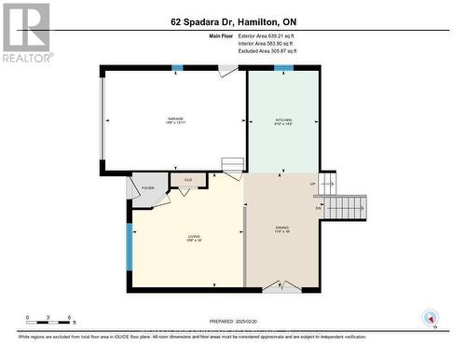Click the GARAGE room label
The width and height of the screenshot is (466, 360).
tap(175, 119)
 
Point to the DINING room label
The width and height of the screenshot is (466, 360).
tap(282, 228)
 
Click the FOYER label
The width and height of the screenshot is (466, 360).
tap(147, 188)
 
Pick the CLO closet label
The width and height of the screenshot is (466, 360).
tap(187, 180)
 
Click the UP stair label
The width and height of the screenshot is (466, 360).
tap(313, 184)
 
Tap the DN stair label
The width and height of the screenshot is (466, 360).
tap(319, 207)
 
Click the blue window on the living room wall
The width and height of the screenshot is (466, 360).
tap(129, 244)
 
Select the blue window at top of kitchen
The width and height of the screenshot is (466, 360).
tap(283, 67)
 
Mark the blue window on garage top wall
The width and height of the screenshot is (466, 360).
tap(178, 67)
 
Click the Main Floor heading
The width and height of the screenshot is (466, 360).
tap(223, 35)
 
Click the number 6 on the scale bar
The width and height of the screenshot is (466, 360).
tap(71, 317)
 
